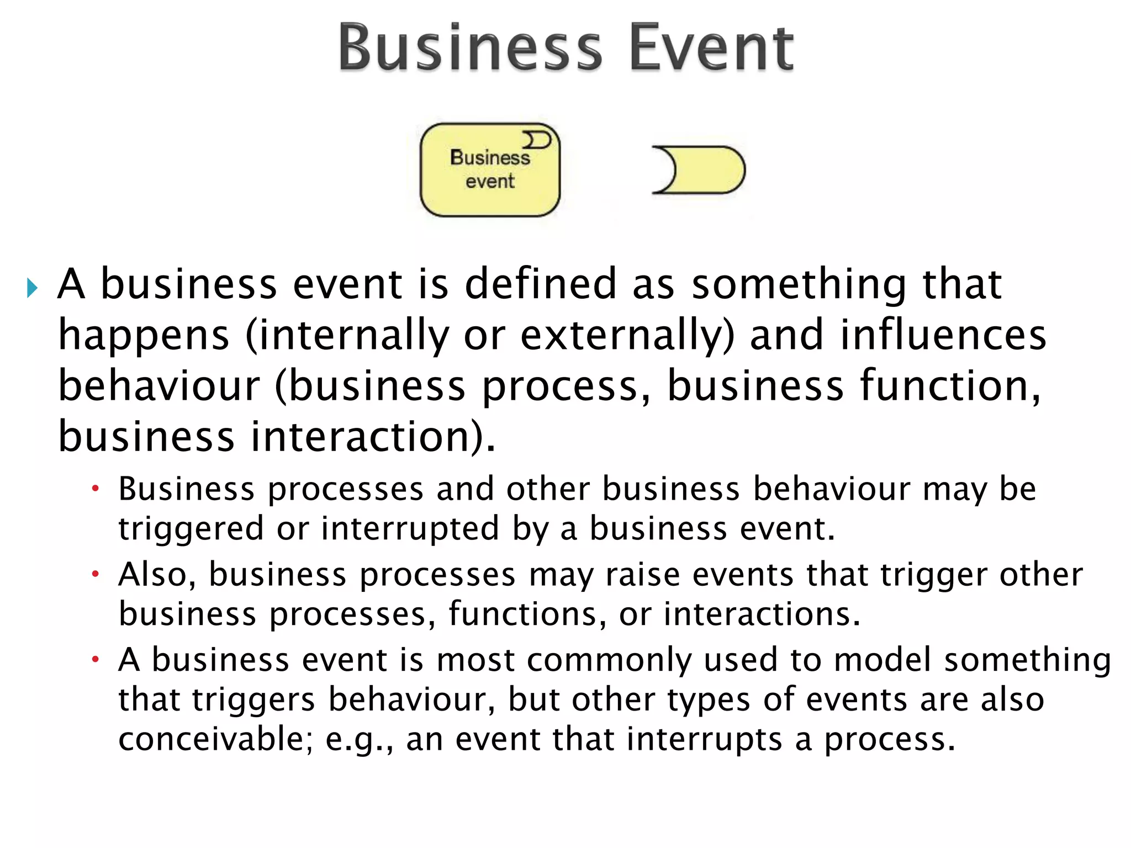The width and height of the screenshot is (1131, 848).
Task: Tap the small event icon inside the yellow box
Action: coord(537,140)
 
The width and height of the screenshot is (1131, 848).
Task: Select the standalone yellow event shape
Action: coord(699,170)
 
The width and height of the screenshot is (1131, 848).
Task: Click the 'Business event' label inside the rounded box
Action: coord(490,169)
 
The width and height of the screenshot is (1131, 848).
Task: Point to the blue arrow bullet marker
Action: coord(32,288)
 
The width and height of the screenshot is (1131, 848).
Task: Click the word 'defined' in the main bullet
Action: coord(540,284)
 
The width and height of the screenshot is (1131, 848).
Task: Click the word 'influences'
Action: coord(943,335)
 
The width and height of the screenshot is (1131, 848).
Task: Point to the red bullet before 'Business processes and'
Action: coord(96,489)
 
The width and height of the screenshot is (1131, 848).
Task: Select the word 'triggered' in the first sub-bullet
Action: coord(191,529)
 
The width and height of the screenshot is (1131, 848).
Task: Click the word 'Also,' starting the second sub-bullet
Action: coord(157,574)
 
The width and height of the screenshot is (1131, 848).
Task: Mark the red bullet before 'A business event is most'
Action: coord(96,659)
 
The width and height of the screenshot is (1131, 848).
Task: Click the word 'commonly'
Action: coord(609,660)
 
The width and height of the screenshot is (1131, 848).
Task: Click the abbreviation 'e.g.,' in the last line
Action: coord(360,740)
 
